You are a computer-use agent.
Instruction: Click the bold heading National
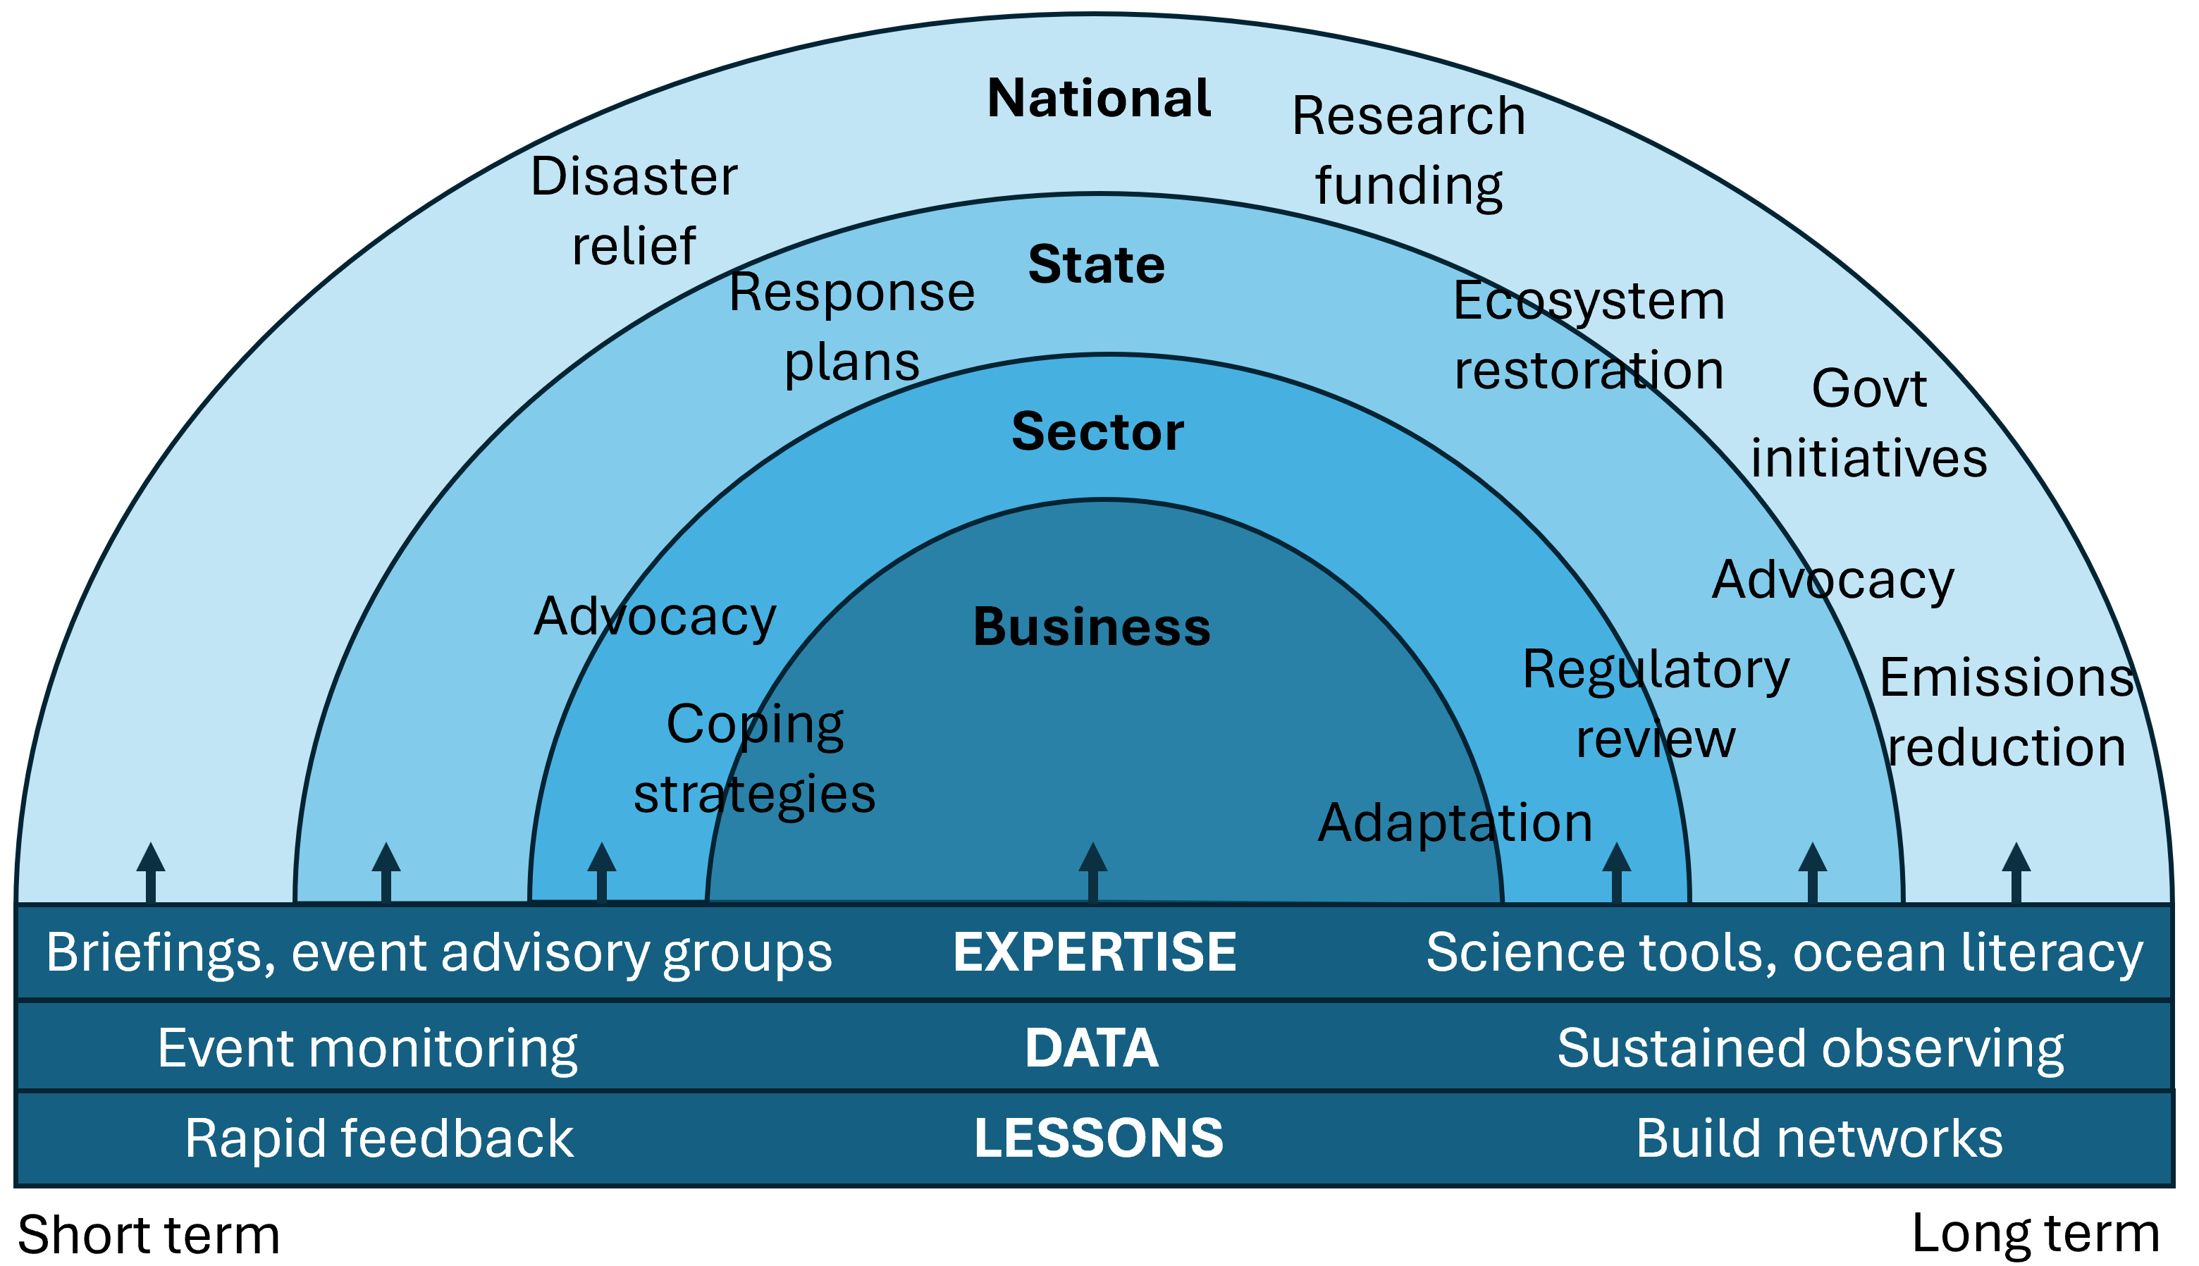[1099, 97]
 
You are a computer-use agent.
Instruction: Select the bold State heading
[1096, 264]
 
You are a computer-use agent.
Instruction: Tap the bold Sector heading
[1097, 431]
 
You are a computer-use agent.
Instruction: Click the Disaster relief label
[634, 211]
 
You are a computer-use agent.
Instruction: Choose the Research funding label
[1409, 150]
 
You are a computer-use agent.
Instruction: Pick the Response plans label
[852, 327]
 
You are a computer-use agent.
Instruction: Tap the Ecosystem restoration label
[1589, 336]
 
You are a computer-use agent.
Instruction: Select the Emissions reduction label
[2006, 712]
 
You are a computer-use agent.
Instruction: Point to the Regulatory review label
[1656, 704]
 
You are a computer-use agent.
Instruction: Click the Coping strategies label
[754, 759]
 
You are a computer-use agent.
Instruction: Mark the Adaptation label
[1455, 823]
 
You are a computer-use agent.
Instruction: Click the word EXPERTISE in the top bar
[1095, 952]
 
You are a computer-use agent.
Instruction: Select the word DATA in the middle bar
[1092, 1047]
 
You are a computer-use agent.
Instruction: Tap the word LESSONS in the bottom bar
[1099, 1138]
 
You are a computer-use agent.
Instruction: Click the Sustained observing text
[1811, 1047]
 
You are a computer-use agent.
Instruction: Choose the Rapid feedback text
[379, 1138]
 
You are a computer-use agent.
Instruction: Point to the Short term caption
[149, 1235]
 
